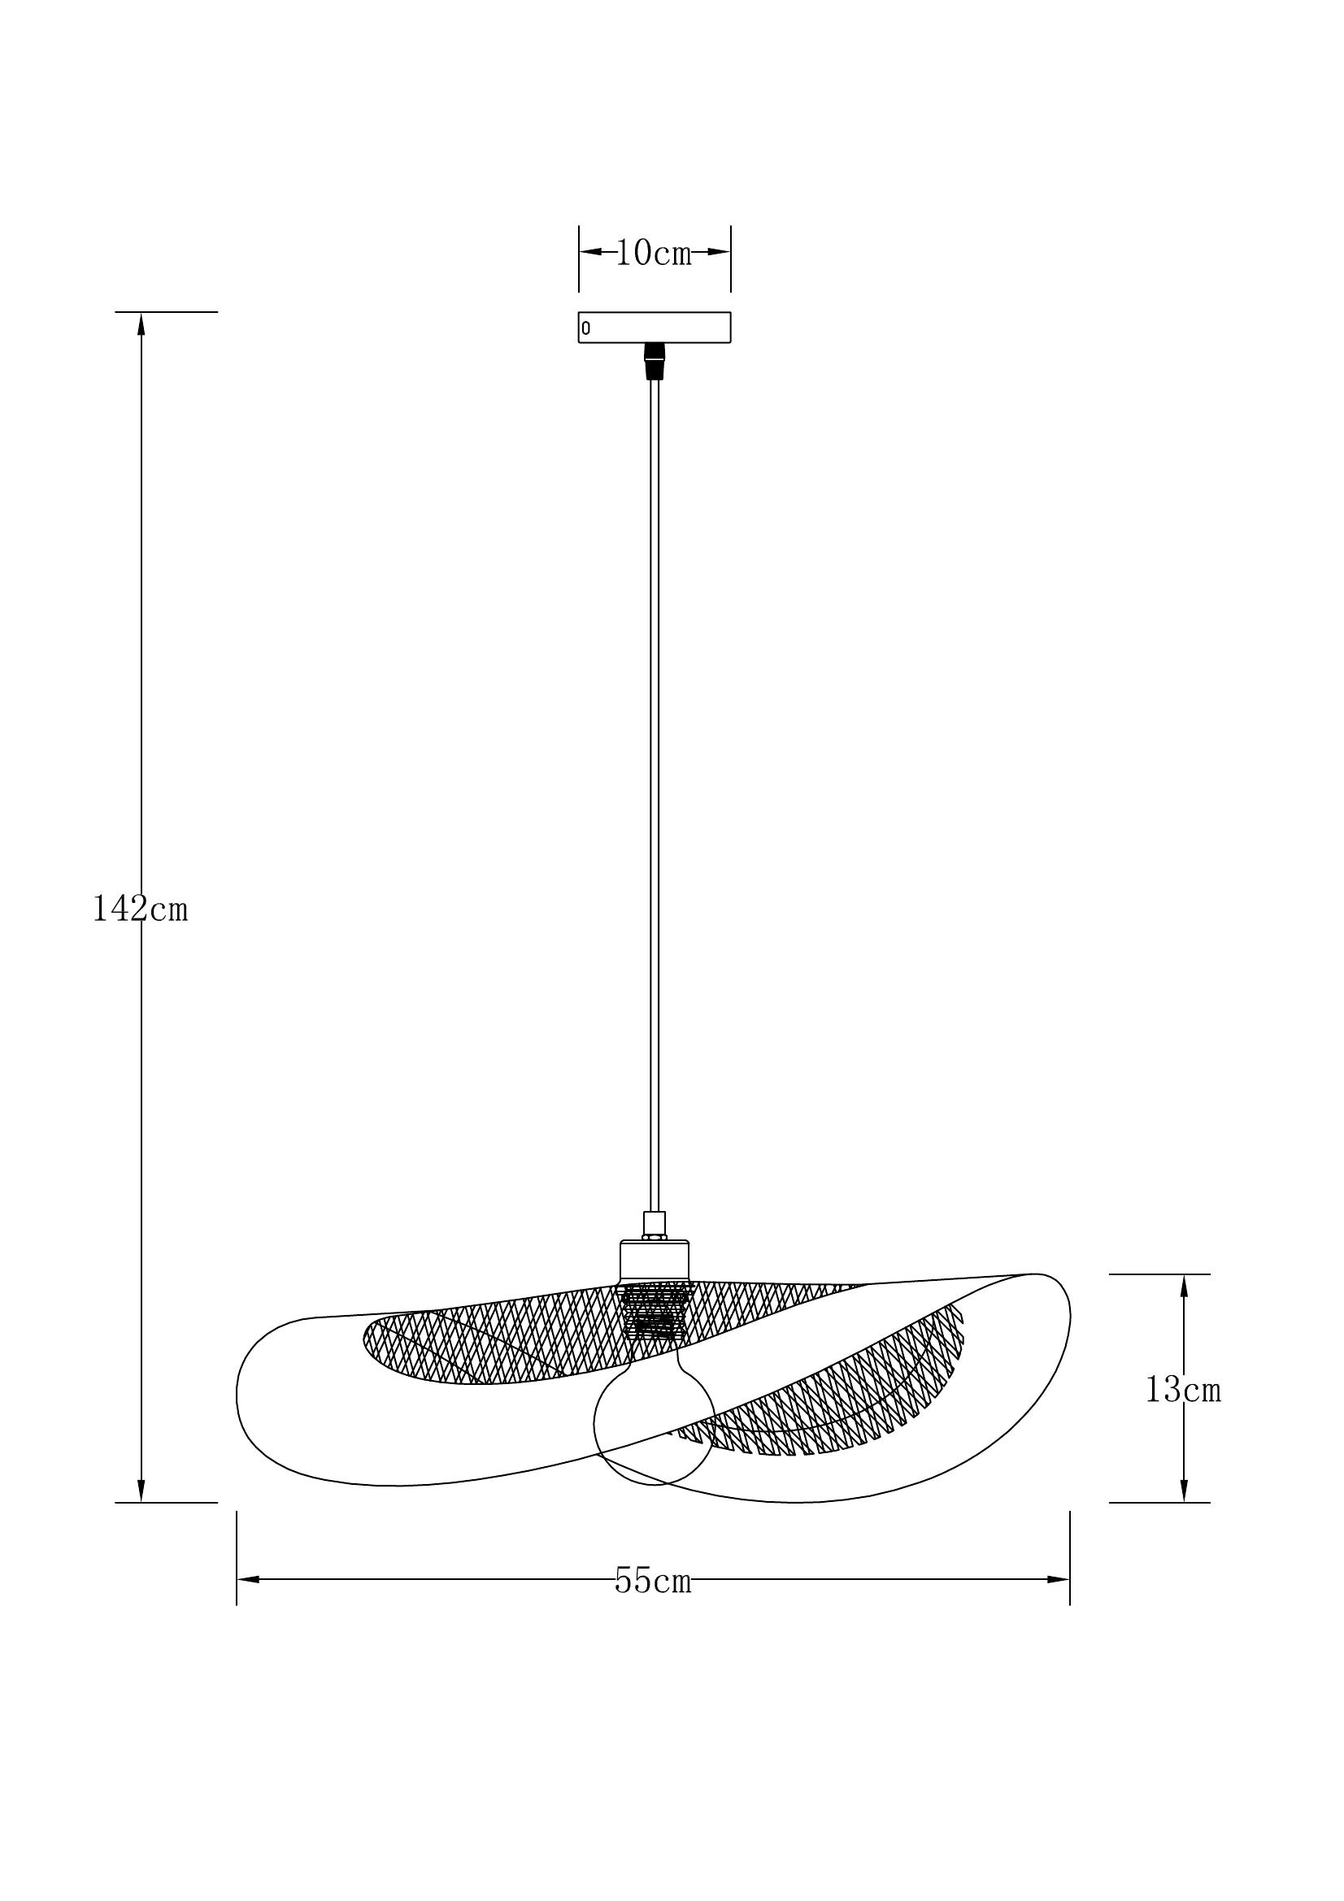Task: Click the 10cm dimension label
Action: click(654, 254)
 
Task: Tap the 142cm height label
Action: click(140, 909)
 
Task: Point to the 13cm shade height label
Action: click(1183, 1390)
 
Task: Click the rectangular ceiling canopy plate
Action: click(655, 327)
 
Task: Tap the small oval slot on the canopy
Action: click(586, 328)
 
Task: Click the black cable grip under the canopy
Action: click(655, 362)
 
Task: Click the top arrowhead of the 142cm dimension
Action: click(141, 323)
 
